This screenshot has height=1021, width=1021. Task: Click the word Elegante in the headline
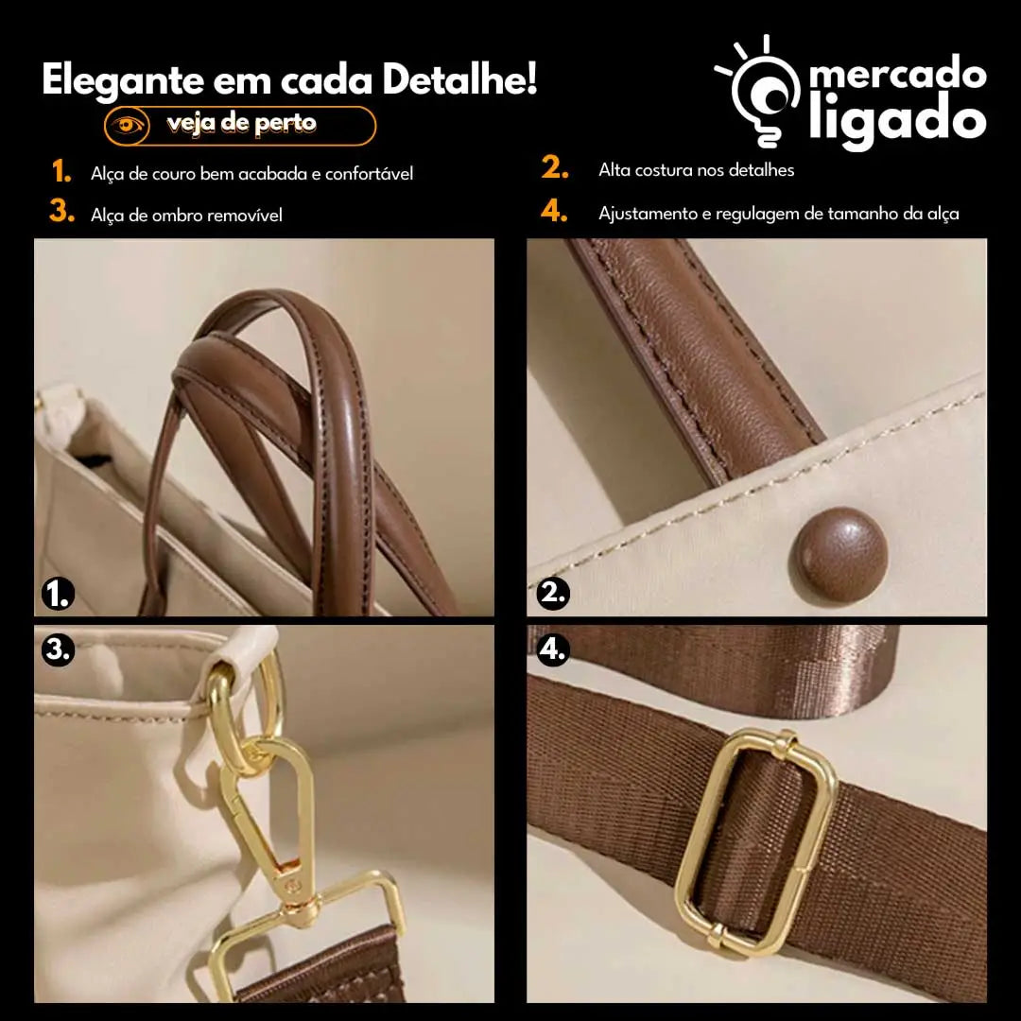pos(123,80)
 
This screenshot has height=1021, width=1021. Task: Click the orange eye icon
pos(127,125)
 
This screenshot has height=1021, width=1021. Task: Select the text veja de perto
pos(241,124)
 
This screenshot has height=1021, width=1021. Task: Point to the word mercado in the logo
pos(898,73)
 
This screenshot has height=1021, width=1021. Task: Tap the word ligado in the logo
pos(898,121)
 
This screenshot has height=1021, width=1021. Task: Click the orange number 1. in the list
pos(61,171)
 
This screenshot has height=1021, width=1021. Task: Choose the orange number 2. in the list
pos(555,167)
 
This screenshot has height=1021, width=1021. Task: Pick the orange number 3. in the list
pos(61,211)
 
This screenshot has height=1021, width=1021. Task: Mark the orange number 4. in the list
pos(554,211)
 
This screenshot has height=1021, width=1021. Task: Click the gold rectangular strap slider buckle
pos(756,842)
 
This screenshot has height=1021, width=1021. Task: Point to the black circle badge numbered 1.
pos(58,594)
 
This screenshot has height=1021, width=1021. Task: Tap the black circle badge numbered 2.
pos(553,593)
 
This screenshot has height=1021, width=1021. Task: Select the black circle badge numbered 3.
pos(58,649)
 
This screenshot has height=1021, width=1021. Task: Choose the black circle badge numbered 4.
pos(553,649)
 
